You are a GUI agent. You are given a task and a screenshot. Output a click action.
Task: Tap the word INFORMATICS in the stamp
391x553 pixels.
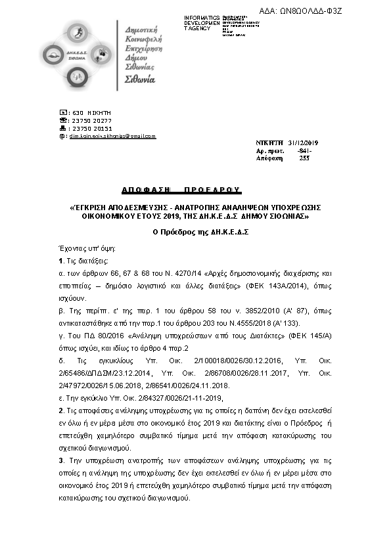(x=202, y=17)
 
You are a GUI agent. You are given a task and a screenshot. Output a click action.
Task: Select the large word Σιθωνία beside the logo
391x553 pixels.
(x=140, y=79)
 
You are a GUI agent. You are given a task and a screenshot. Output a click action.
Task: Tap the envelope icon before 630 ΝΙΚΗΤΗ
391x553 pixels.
(x=62, y=113)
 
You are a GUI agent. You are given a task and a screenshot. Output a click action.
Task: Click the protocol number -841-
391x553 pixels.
(x=304, y=150)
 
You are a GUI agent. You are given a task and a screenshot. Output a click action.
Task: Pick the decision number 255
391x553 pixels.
(x=304, y=158)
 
